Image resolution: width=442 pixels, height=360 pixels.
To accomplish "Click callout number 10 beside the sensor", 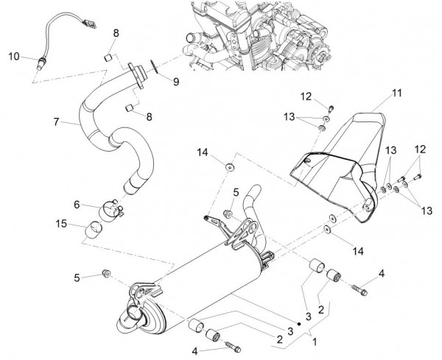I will coord(14,56).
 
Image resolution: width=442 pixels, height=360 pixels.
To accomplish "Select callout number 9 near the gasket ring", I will coord(176,82).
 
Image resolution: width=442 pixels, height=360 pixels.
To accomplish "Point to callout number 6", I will coord(76,204).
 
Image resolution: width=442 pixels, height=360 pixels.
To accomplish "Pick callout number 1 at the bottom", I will coord(315,342).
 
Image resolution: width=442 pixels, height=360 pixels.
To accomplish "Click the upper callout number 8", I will coord(116,33).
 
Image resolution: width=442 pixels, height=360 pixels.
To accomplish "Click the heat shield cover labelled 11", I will coord(346,158).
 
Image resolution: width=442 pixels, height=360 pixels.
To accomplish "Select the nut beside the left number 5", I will coord(106,275).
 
